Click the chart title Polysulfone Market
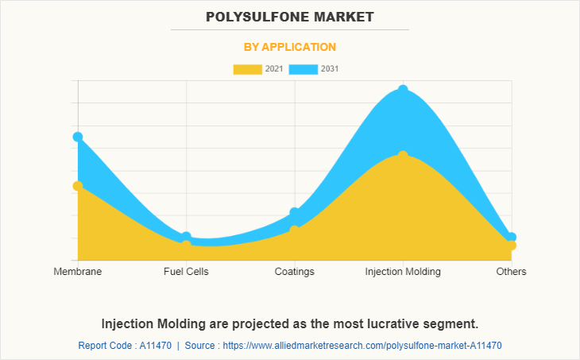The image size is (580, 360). tap(289, 16)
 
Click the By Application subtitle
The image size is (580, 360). tap(289, 47)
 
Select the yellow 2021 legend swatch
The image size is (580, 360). tap(247, 69)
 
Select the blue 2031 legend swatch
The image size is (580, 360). tap(304, 69)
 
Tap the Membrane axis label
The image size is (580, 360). tap(78, 272)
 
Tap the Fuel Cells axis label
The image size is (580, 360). tap(186, 272)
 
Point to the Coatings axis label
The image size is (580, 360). tap(295, 272)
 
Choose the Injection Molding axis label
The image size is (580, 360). tap(403, 272)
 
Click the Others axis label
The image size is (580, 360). tap(512, 272)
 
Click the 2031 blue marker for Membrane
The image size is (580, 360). tap(78, 137)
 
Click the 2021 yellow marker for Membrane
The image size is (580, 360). tap(78, 186)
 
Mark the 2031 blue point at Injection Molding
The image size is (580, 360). tap(403, 90)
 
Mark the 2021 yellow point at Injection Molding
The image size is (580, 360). tap(403, 155)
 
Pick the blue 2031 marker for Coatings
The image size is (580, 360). tap(295, 212)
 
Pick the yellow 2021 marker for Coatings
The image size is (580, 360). tap(295, 230)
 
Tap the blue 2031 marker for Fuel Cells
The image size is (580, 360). tap(186, 237)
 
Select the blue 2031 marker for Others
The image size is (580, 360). tap(512, 237)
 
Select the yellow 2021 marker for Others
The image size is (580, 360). tap(512, 246)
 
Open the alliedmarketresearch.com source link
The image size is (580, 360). tap(364, 346)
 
